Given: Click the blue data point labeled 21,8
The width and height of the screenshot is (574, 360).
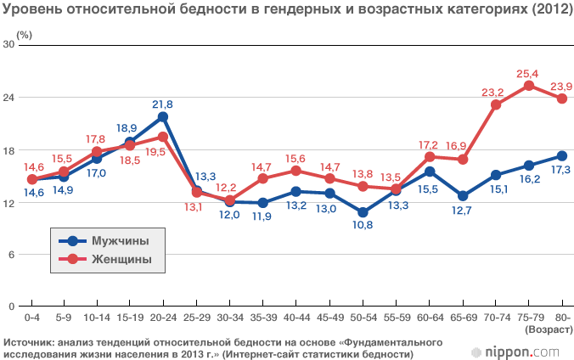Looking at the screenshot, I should [162, 116].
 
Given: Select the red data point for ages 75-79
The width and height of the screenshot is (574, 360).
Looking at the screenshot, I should [528, 86].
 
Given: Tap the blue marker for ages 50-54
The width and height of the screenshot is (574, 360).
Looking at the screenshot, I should [363, 212].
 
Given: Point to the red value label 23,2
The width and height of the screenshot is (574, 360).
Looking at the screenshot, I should [492, 93].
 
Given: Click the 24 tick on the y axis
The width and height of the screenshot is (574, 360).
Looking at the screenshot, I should [10, 98].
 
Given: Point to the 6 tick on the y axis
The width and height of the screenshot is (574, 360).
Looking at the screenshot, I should [13, 255].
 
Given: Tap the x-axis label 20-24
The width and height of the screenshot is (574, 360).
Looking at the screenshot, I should [162, 317].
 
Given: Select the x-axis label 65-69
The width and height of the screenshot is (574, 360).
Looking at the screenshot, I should [462, 317].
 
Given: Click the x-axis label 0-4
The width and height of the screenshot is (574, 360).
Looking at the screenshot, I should [32, 317].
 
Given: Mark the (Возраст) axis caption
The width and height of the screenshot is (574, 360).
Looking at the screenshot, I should [547, 328].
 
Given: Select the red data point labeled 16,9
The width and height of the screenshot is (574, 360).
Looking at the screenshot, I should [463, 160].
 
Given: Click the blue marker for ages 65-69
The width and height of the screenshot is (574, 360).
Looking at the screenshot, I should [463, 196].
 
